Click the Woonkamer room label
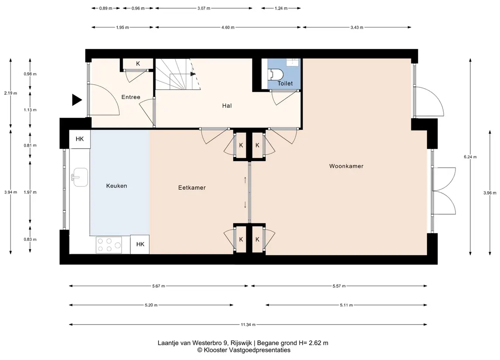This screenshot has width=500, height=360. click(346, 166)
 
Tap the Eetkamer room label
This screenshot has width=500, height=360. click(192, 188)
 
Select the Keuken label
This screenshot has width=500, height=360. click(117, 186)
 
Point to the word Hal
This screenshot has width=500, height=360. click(227, 106)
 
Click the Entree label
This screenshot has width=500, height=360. click(131, 97)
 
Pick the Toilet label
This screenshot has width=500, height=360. click(285, 83)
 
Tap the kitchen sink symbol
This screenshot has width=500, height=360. click(80, 177)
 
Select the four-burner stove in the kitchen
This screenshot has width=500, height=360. click(109, 245)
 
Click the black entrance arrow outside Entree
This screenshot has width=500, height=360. click(76, 100)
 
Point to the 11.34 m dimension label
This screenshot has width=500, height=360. click(248, 325)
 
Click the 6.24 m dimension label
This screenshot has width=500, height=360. click(470, 157)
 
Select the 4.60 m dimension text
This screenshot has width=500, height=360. click(228, 27)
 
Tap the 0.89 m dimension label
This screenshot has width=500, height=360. click(106, 8)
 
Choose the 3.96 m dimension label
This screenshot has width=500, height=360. click(490, 193)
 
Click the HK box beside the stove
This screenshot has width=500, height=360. click(140, 244)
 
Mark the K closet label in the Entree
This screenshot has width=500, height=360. click(138, 64)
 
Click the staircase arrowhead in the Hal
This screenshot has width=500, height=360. click(193, 74)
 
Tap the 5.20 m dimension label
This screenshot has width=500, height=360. click(151, 305)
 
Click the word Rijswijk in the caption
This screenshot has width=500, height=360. click(241, 343)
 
